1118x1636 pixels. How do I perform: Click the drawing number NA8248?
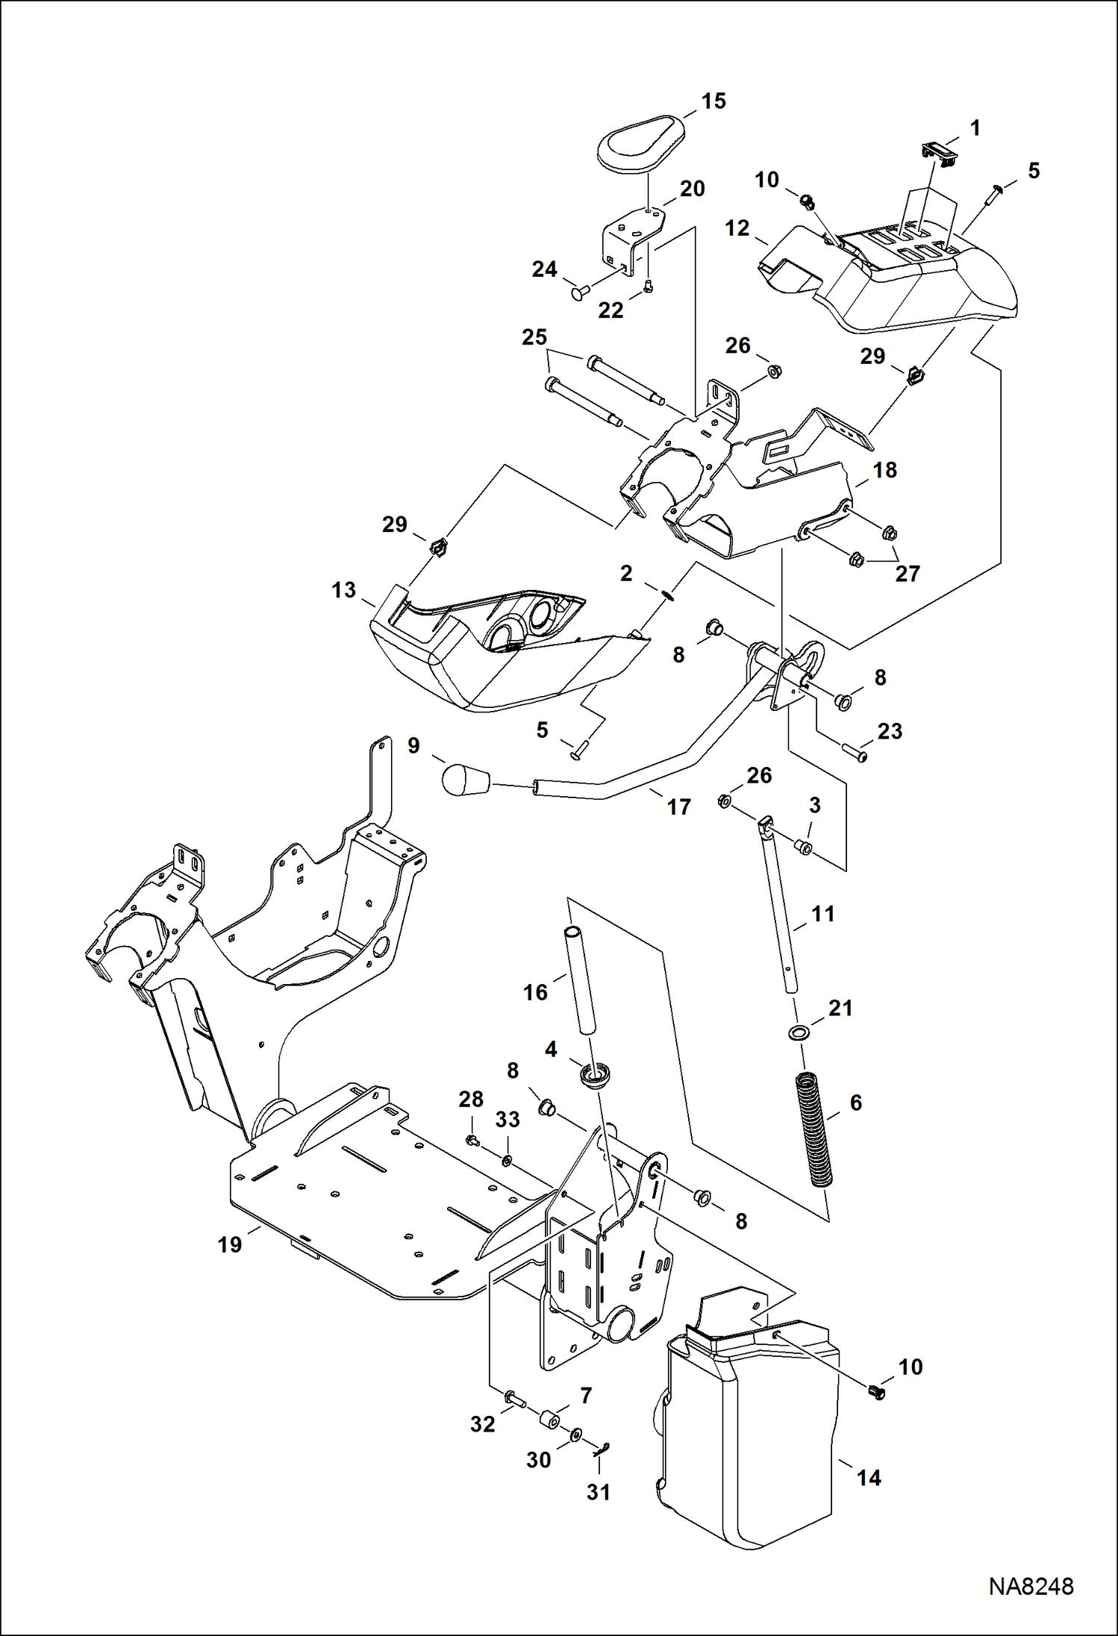tap(1031, 1586)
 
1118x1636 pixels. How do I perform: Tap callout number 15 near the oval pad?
tap(713, 101)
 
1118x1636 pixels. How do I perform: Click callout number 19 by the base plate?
tap(230, 1244)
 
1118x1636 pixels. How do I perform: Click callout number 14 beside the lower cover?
tap(869, 1478)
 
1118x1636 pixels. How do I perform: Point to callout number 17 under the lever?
tap(678, 806)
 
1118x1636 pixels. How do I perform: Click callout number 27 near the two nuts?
tap(908, 574)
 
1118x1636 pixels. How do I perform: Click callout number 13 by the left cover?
tap(343, 590)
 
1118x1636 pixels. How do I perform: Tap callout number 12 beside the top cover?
tap(737, 228)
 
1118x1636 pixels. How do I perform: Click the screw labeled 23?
tap(854, 755)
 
